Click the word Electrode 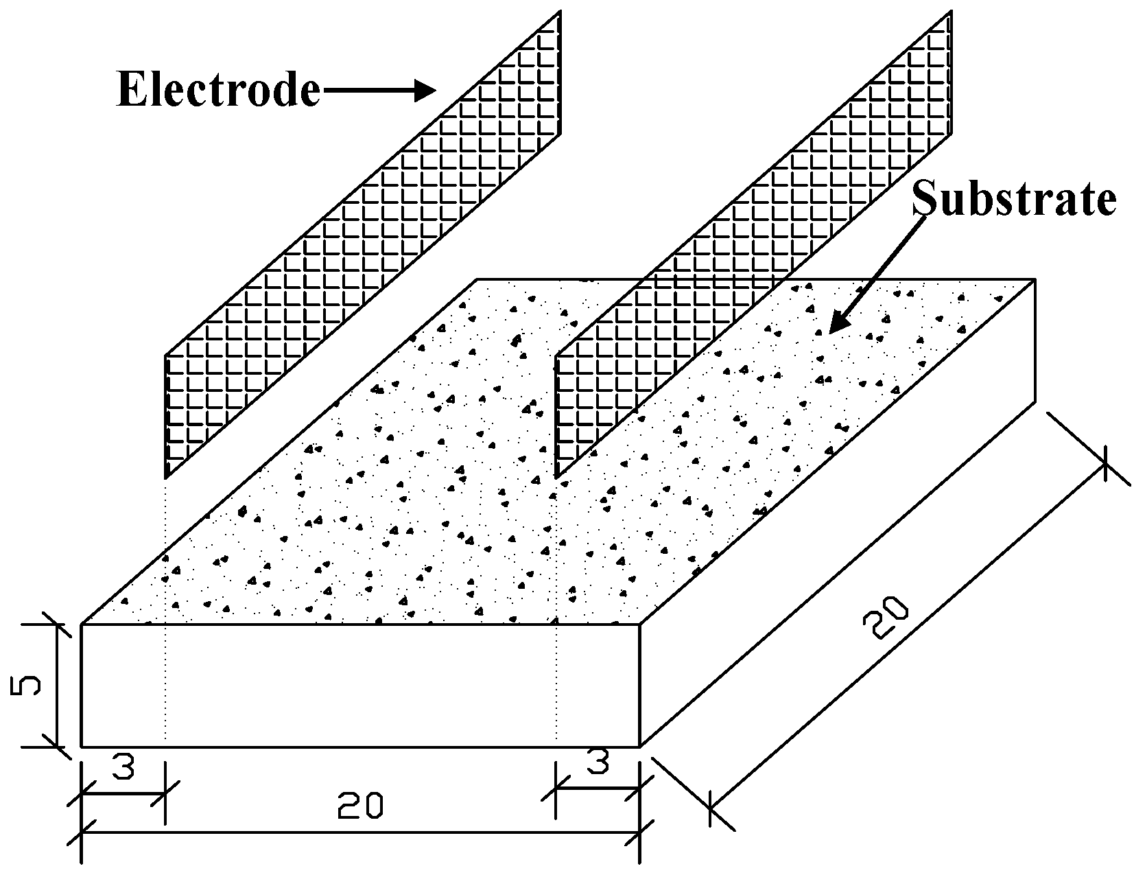tap(218, 90)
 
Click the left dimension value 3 tap(123, 768)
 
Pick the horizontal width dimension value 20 tap(359, 806)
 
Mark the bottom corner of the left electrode tap(166, 477)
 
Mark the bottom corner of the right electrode tap(556, 477)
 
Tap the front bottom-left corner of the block tap(82, 746)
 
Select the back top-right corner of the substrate tap(1035, 280)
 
